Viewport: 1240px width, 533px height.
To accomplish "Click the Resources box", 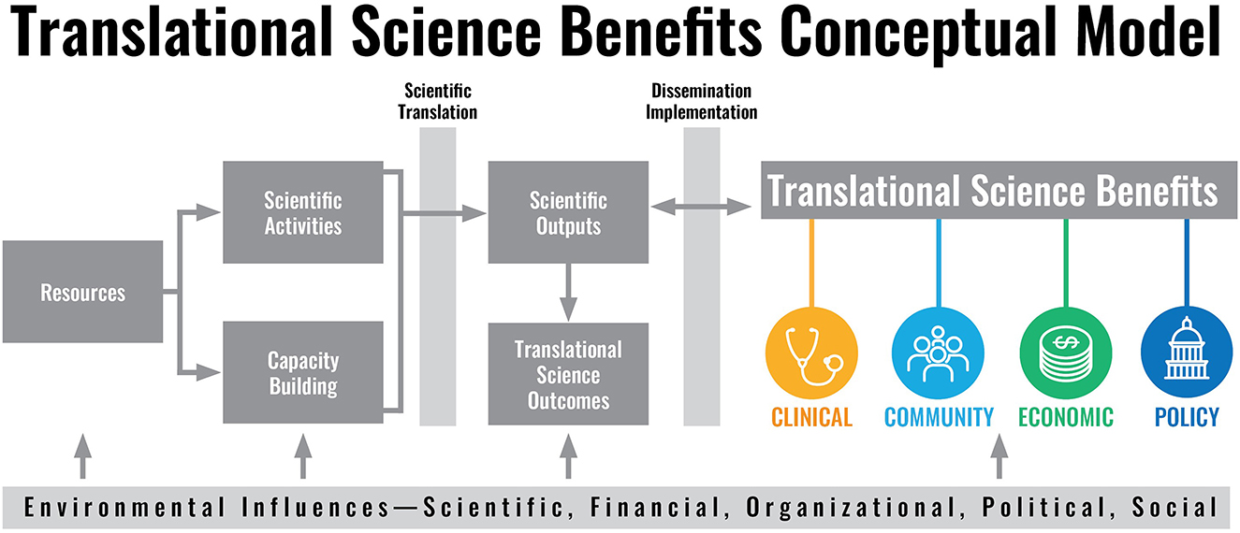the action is pos(82,292).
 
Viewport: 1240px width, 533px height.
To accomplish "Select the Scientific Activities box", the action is pos(302,212).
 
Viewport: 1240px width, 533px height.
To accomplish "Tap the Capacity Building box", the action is pos(302,372).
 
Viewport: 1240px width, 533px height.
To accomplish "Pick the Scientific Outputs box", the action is pos(568,212).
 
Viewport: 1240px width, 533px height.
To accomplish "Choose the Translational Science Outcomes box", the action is pos(568,374).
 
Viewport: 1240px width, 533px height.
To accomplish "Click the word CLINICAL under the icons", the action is pos(811,417).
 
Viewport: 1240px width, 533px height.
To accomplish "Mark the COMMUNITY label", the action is pos(939,417).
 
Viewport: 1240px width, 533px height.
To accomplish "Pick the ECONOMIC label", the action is pos(1066,417).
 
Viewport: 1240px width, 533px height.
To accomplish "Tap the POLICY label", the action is pos(1187,417).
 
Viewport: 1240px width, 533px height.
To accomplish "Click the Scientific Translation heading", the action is pos(440,101).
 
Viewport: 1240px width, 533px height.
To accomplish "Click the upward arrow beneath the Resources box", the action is pos(82,455).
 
